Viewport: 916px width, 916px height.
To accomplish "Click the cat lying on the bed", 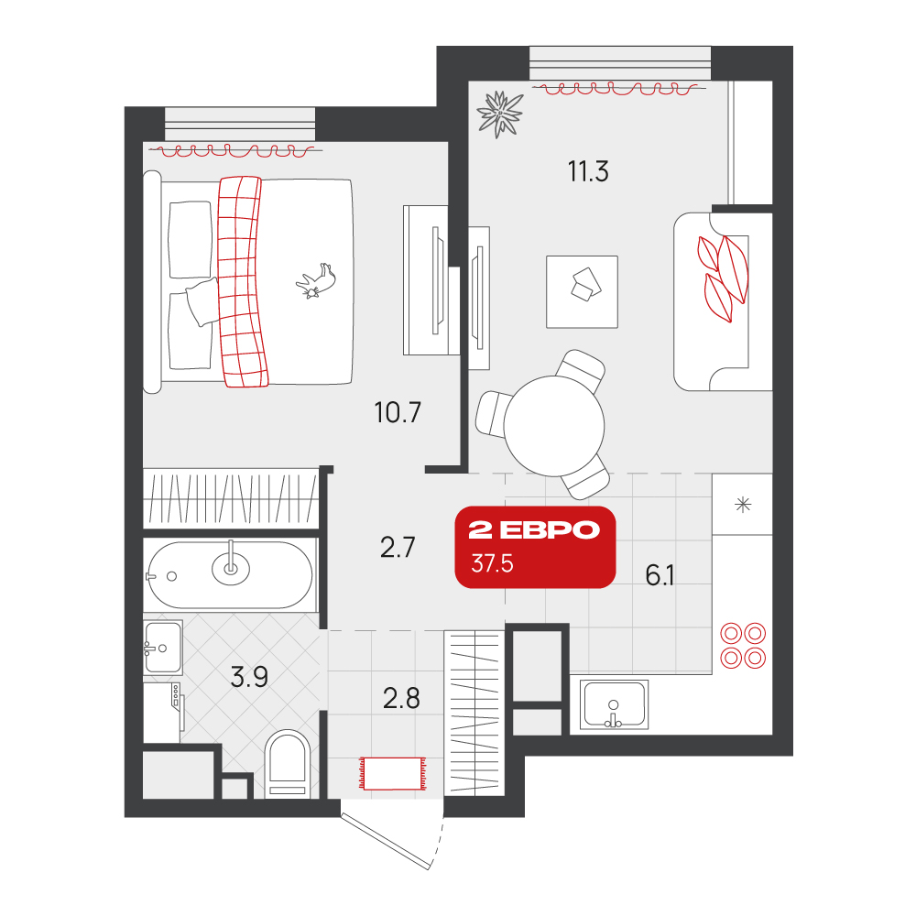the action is pos(316,281).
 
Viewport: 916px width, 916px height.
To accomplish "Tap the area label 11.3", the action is pos(588,171).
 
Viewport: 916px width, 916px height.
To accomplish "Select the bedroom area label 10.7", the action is pos(398,412).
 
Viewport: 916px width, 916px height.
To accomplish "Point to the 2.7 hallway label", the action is pos(398,548).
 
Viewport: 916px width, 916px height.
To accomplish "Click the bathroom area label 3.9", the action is pos(249,677).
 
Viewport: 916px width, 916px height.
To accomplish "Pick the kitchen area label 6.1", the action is pos(660,575).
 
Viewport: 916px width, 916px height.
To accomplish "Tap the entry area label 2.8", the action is pos(401,698).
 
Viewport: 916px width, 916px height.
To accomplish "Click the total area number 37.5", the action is pos(493,563).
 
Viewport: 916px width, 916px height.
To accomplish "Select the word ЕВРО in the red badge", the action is pos(551,529).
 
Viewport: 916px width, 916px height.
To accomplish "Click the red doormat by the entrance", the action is pos(393,773).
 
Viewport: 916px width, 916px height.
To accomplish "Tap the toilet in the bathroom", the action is pos(288,764).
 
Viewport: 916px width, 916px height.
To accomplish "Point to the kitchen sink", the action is pos(614,704).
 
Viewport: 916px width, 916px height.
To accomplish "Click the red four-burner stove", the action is pos(743,646).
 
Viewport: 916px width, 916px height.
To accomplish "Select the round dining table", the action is pos(554,426).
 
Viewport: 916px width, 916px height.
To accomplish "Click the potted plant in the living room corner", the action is pos(499,114).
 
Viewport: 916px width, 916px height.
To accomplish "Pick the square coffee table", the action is pos(582,291).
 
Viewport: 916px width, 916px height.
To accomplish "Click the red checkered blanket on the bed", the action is pos(242,281).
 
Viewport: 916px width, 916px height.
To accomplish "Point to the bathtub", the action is pos(231,575).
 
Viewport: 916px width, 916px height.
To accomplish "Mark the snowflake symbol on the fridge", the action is pos(743,504).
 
